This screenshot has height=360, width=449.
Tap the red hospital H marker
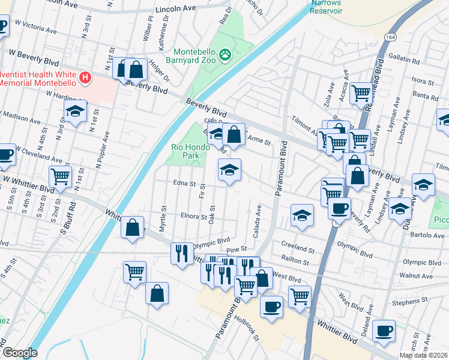85,77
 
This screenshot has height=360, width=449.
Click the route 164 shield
390,37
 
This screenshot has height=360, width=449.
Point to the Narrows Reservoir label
326,7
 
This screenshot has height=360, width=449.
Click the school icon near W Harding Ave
74,112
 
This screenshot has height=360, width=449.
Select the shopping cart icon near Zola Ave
361,92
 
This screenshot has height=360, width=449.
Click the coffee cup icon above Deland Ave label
384,329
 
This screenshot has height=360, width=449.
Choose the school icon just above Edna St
229,170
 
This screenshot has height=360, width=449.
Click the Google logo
20,353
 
